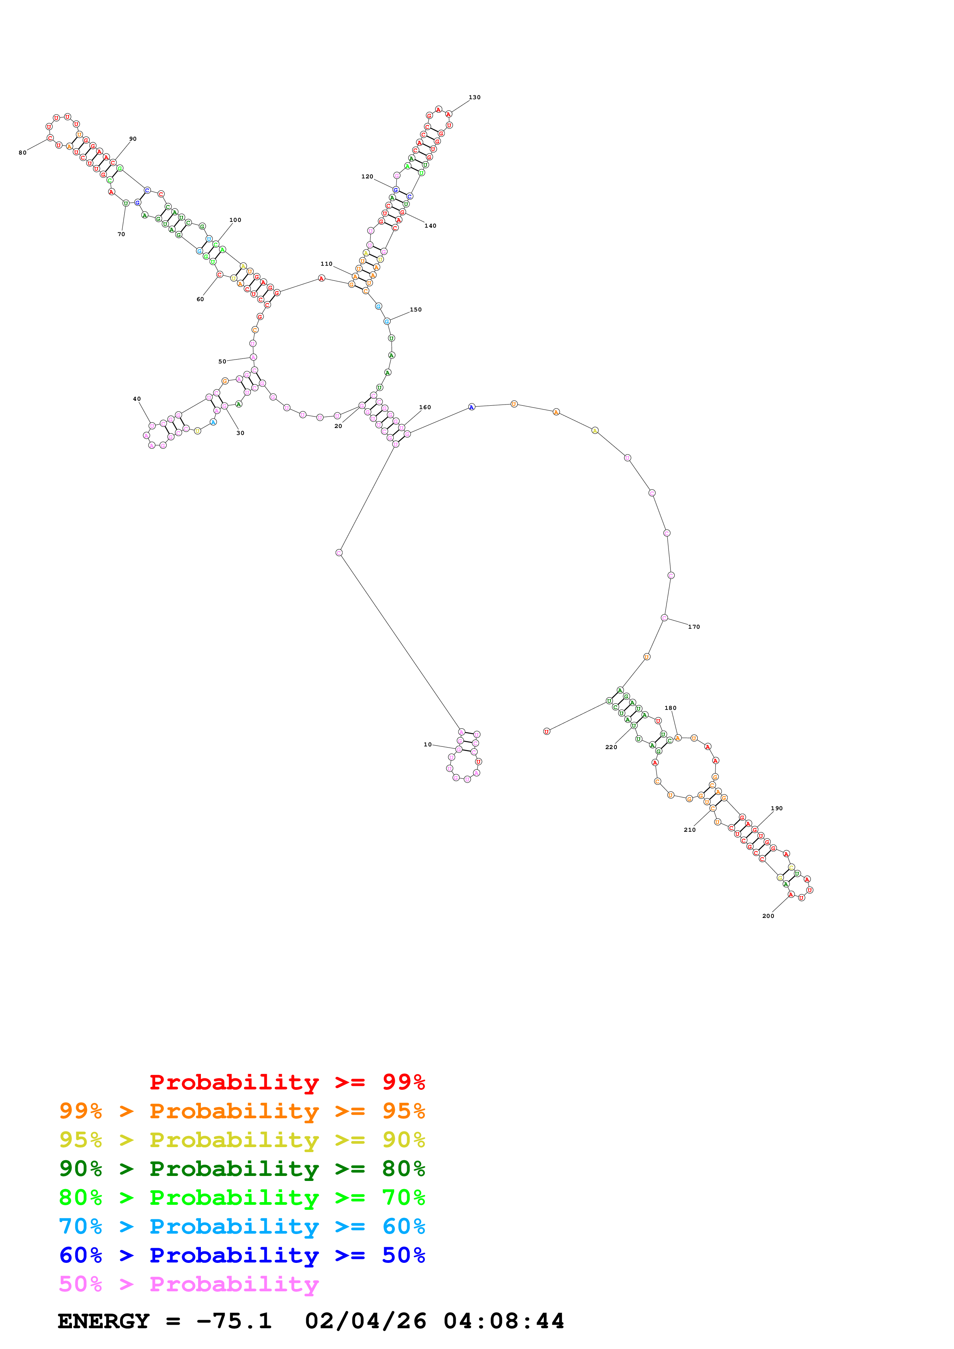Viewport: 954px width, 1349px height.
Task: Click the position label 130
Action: coord(474,98)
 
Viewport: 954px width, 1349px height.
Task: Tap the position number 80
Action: coord(22,153)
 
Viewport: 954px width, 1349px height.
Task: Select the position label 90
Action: coord(133,139)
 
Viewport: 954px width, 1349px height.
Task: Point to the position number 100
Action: coord(235,220)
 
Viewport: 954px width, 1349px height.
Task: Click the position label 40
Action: coord(137,399)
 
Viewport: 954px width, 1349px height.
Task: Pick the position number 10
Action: coord(427,744)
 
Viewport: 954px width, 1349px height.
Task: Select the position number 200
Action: coord(768,916)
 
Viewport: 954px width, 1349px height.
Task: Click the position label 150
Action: coord(416,310)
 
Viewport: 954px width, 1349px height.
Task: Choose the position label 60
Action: coord(200,299)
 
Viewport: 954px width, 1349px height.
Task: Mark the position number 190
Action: coord(777,808)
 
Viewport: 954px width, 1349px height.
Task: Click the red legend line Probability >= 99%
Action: coord(287,1082)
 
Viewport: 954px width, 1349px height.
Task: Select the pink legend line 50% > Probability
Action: coord(189,1284)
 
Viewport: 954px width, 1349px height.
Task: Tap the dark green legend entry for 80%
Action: coord(242,1168)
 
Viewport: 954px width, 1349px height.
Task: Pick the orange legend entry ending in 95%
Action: coord(242,1111)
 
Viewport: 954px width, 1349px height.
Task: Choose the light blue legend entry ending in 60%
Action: coord(242,1226)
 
